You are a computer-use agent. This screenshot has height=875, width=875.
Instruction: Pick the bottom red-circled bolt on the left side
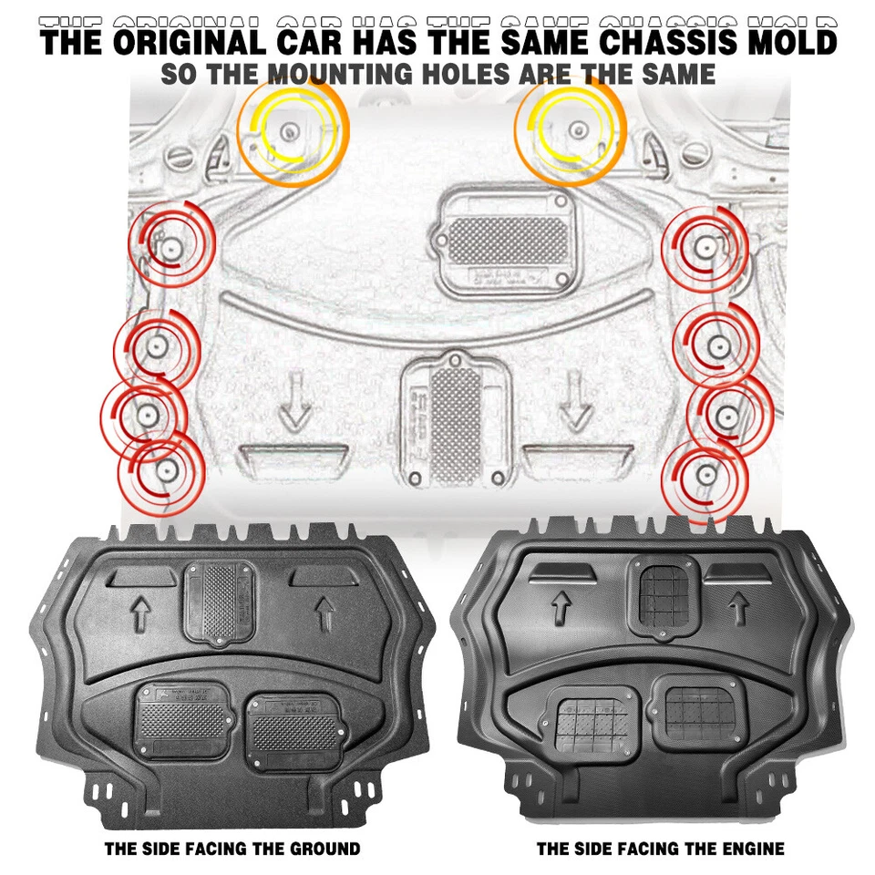click(x=166, y=470)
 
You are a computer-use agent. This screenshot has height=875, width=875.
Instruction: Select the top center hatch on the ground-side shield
click(x=219, y=602)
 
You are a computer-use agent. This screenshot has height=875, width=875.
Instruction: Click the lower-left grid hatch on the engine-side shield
click(x=592, y=723)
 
